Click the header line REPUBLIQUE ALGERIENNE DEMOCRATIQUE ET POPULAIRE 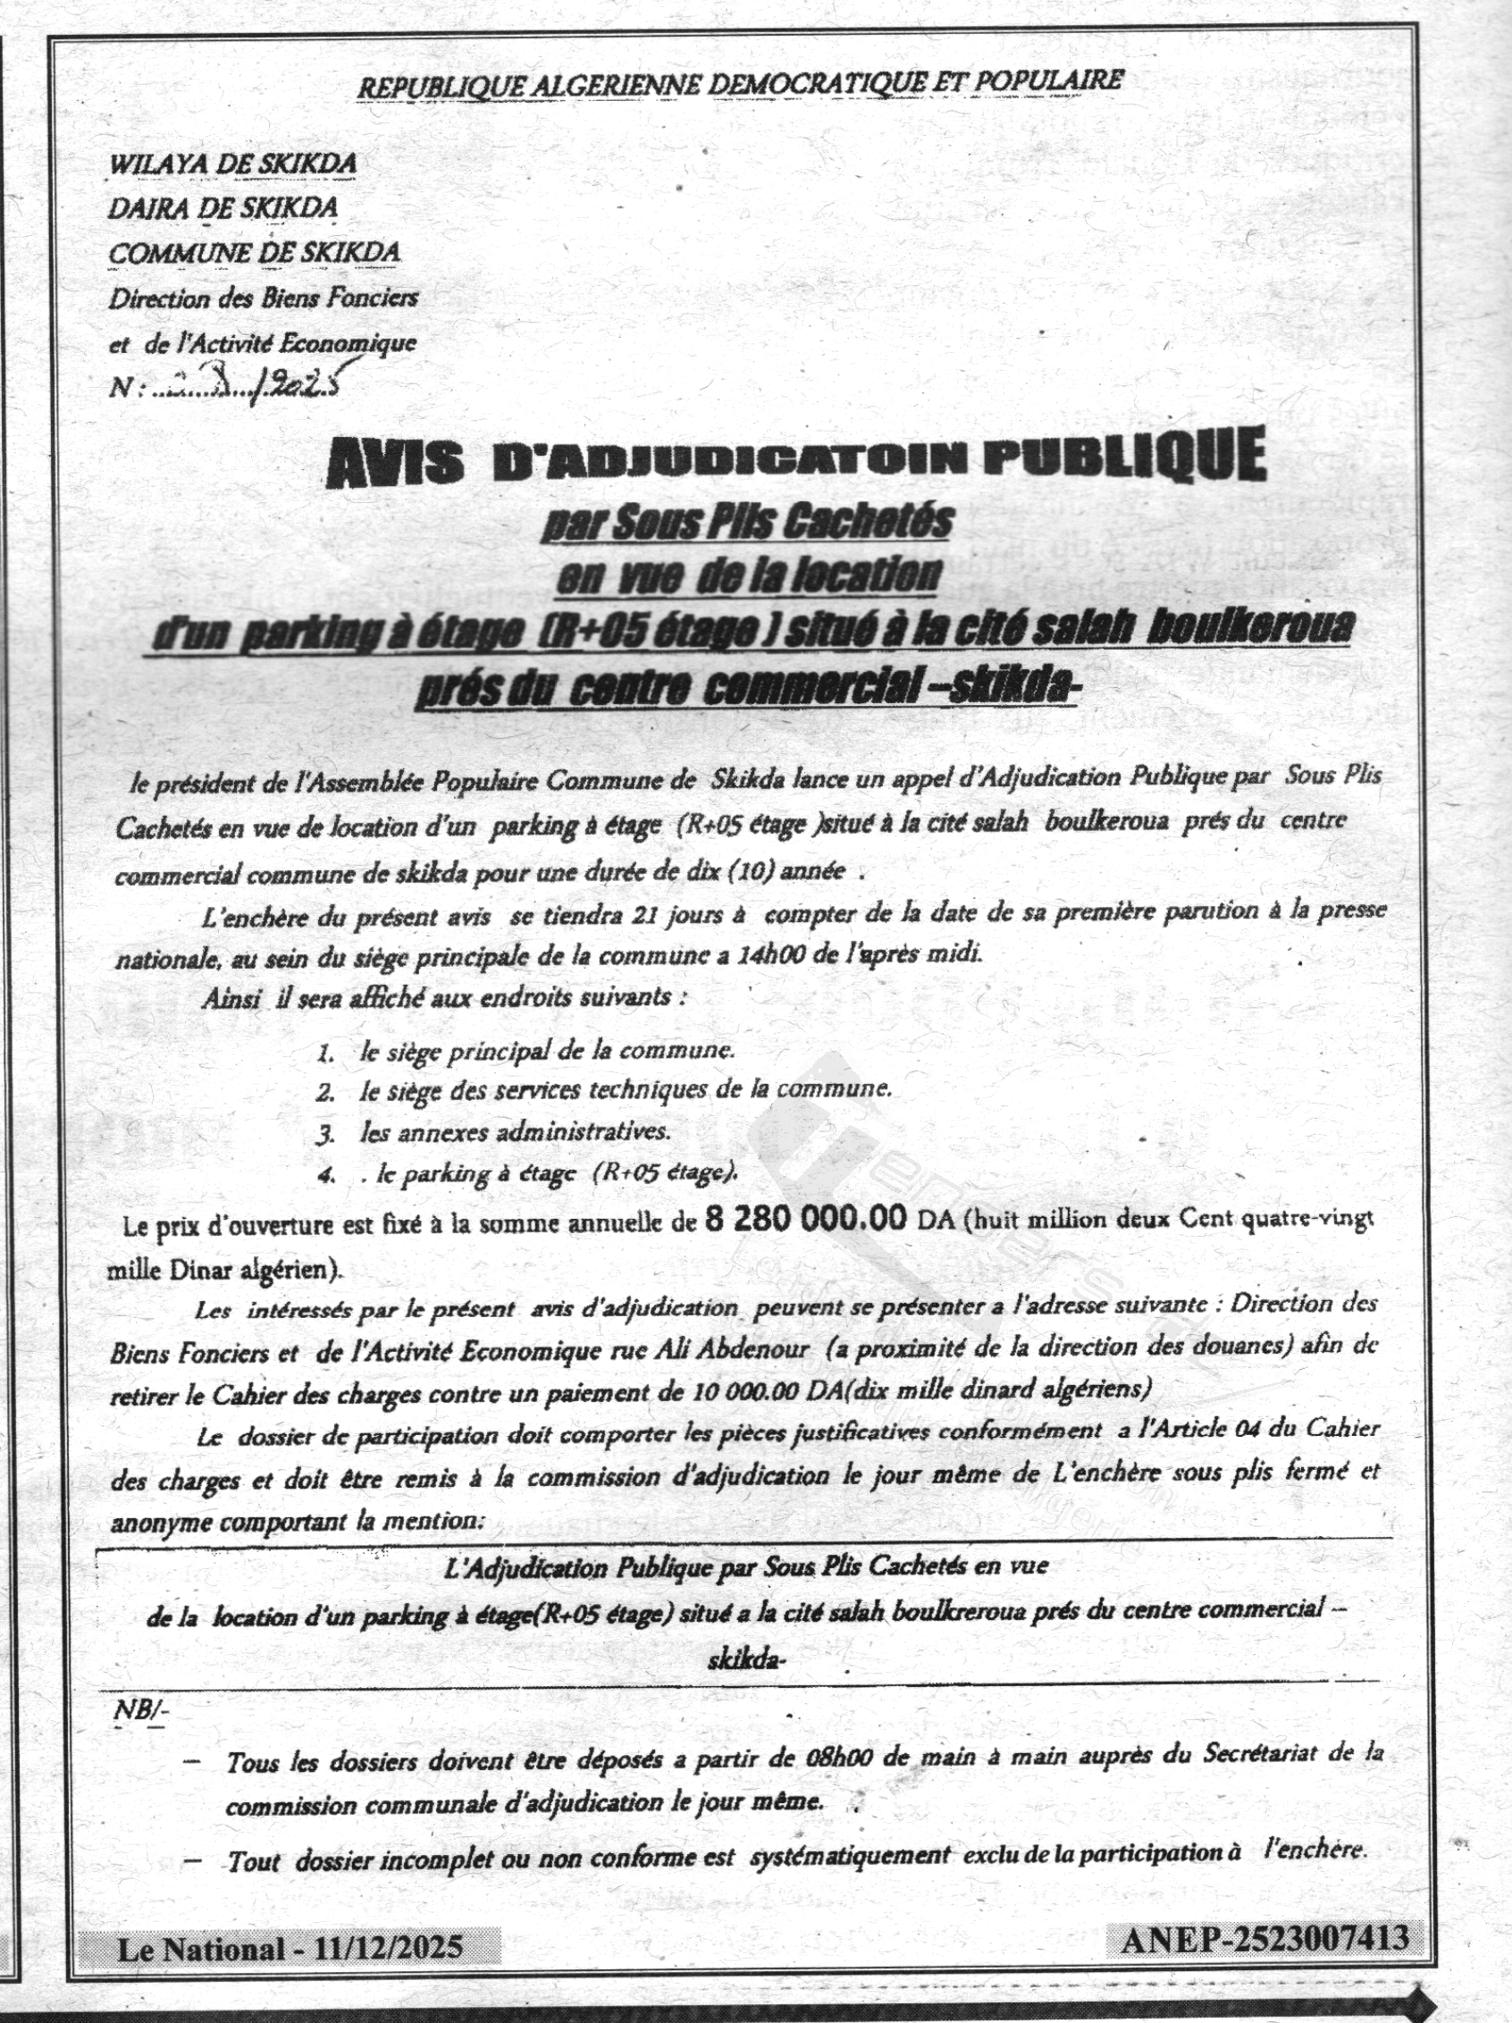[x=739, y=83]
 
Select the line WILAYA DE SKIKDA [x=232, y=164]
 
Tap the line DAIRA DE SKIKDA [x=223, y=208]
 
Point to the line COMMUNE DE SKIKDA [x=255, y=254]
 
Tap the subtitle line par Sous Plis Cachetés [x=746, y=522]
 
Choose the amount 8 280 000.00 [x=806, y=1219]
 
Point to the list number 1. [x=323, y=1053]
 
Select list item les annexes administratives [x=515, y=1132]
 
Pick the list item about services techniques [x=625, y=1090]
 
